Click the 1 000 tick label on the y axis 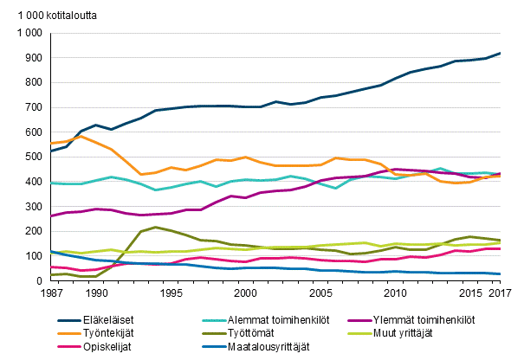[x=28, y=34]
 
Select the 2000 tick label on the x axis [x=247, y=293]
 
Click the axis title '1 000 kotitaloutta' [x=55, y=14]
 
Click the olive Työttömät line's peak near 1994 [x=154, y=228]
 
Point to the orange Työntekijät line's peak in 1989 [x=81, y=136]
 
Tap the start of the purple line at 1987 [x=53, y=216]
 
